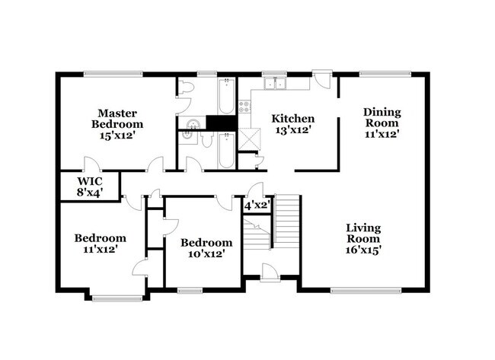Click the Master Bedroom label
(x=117, y=118)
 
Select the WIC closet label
(x=90, y=181)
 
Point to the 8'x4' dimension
(x=90, y=193)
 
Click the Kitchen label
(x=293, y=118)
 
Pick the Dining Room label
(x=382, y=117)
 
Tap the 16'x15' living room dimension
(x=363, y=248)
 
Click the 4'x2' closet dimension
(x=257, y=205)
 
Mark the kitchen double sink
(x=273, y=83)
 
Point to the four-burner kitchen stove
(x=246, y=107)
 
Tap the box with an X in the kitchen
(x=248, y=139)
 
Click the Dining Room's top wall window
(x=381, y=74)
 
